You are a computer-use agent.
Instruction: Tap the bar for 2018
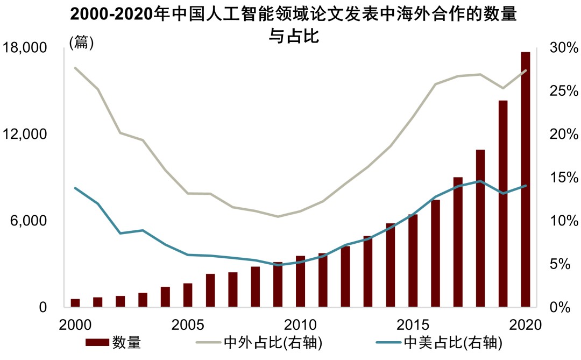[480, 228]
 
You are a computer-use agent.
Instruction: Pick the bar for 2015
[413, 260]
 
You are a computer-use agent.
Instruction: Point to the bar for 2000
[75, 303]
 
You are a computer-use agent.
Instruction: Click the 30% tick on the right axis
[563, 48]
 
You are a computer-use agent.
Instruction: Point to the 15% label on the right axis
[563, 178]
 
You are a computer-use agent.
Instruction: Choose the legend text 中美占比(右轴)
[452, 342]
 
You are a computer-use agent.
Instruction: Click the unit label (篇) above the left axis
[82, 43]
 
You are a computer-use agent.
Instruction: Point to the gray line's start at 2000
[75, 68]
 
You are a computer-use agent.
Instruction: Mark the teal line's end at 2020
[525, 186]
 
